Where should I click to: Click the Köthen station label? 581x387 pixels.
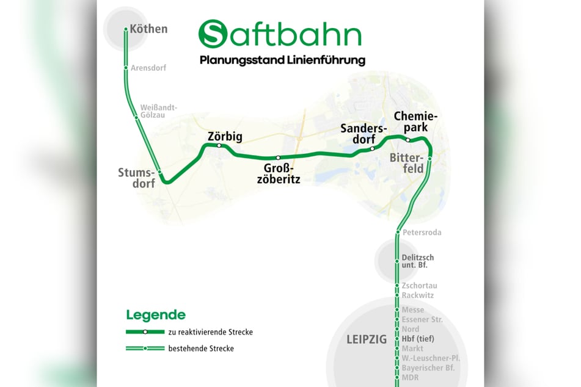pos(148,29)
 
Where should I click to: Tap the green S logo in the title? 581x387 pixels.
pos(211,34)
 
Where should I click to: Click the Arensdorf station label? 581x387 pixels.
pos(148,68)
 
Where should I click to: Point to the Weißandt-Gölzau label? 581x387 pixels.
pos(158,110)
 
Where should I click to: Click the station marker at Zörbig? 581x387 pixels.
pos(219,145)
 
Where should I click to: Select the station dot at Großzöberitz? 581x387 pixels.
pos(278,157)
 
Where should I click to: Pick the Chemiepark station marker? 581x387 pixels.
pos(408,140)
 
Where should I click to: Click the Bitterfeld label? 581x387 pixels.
pos(407,164)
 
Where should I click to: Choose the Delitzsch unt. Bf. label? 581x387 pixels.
pos(418,261)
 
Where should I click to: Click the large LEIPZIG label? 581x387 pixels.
pos(367,339)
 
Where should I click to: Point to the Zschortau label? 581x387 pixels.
pos(419,286)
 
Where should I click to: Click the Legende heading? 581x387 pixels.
pos(155,315)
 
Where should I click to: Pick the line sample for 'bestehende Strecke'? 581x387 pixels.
pos(145,349)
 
